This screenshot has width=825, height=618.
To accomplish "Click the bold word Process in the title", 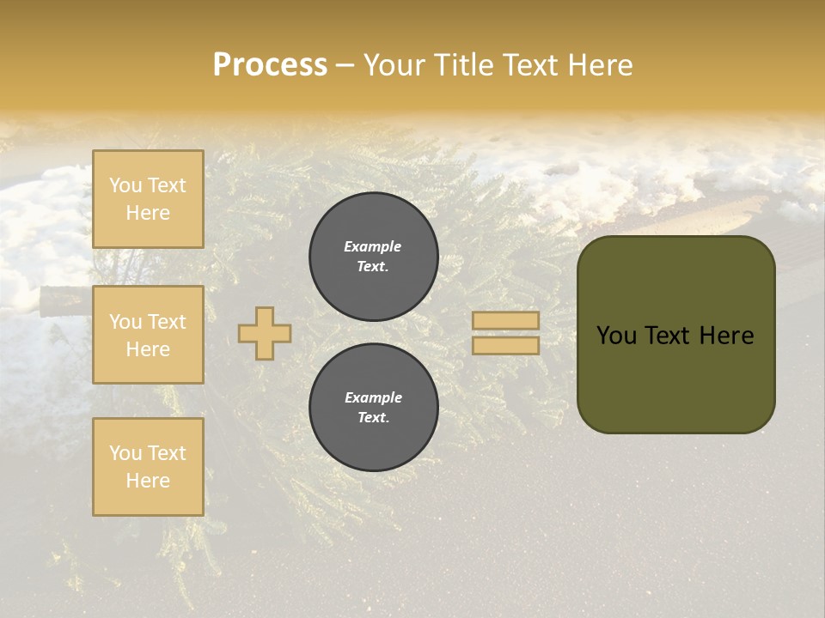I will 270,65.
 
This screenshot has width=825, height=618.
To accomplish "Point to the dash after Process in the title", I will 345,66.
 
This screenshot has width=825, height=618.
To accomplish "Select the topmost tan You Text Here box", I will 148,199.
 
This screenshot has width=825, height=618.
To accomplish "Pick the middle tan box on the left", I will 148,335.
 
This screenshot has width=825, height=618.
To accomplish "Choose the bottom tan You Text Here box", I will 148,467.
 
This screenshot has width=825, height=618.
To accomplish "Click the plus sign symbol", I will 264,333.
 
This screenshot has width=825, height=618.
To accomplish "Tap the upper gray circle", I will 374,257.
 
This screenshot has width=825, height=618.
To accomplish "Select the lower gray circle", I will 374,408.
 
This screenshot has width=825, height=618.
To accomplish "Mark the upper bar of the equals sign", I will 505,320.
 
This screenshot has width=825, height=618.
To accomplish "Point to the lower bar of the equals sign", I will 505,345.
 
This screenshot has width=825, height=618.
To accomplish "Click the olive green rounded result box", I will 675,335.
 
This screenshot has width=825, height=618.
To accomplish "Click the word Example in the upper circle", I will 373,247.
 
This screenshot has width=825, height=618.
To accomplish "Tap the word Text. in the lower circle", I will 373,418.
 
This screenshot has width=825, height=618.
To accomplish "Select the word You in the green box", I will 616,336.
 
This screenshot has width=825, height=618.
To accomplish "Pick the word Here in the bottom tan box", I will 148,481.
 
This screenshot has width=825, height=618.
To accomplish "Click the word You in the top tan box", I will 125,185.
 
